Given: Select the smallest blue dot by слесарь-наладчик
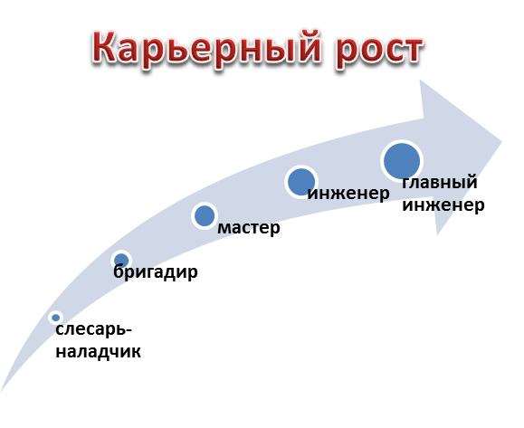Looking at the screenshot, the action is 56,318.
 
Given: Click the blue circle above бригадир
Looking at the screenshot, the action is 121,260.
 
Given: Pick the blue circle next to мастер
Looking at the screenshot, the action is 205,216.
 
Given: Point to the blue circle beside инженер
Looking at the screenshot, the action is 301,182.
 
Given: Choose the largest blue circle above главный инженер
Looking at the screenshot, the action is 402,161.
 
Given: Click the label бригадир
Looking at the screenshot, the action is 156,271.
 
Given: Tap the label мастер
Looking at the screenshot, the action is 249,228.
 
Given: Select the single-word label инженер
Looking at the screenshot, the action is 348,194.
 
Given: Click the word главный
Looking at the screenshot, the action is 440,183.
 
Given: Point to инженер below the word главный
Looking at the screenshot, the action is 443,204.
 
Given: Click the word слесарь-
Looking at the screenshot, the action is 94,329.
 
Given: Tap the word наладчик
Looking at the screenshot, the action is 99,352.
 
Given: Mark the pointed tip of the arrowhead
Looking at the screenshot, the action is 502,142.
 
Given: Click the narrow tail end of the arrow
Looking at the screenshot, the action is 1,391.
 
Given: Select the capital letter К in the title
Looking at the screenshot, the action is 106,46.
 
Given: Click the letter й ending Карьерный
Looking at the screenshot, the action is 310,46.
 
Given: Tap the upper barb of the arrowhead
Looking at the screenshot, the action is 420,80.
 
